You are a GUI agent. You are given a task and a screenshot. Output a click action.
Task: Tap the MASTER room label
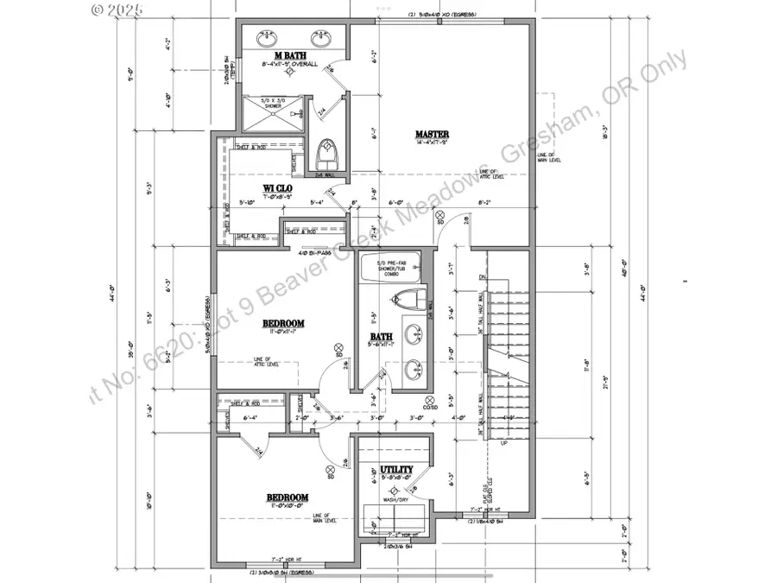tap(432, 134)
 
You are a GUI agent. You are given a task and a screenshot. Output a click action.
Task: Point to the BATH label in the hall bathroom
tap(382, 337)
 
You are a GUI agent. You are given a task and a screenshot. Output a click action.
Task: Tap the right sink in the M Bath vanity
tap(323, 38)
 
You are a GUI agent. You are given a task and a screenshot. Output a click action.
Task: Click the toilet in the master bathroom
tap(326, 154)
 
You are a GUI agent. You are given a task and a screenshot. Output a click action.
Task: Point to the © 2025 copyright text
tap(120, 10)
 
